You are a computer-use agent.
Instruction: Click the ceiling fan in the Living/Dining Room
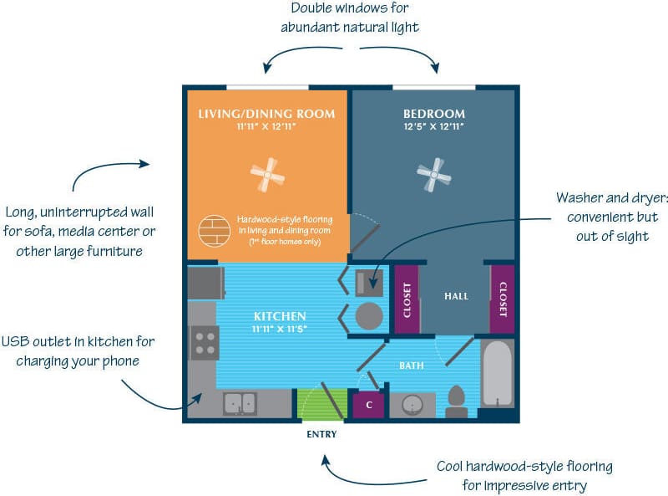tap(268, 174)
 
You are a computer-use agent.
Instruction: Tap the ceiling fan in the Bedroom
tap(434, 176)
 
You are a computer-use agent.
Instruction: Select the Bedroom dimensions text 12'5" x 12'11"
tap(433, 128)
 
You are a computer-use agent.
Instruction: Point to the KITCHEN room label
tap(280, 316)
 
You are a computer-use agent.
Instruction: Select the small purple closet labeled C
tap(368, 405)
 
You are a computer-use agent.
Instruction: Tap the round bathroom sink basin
tap(412, 405)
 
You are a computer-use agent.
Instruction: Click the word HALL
tap(456, 296)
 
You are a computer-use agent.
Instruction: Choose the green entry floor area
tap(321, 403)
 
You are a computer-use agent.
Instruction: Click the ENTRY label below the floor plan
tap(321, 435)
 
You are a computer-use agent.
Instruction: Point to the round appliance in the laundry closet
tap(368, 316)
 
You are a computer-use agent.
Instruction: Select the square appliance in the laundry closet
tap(368, 281)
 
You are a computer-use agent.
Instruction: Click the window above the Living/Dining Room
tap(266, 85)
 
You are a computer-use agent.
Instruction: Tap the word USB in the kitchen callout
tap(18, 341)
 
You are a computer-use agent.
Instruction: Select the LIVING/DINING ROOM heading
tap(266, 114)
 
